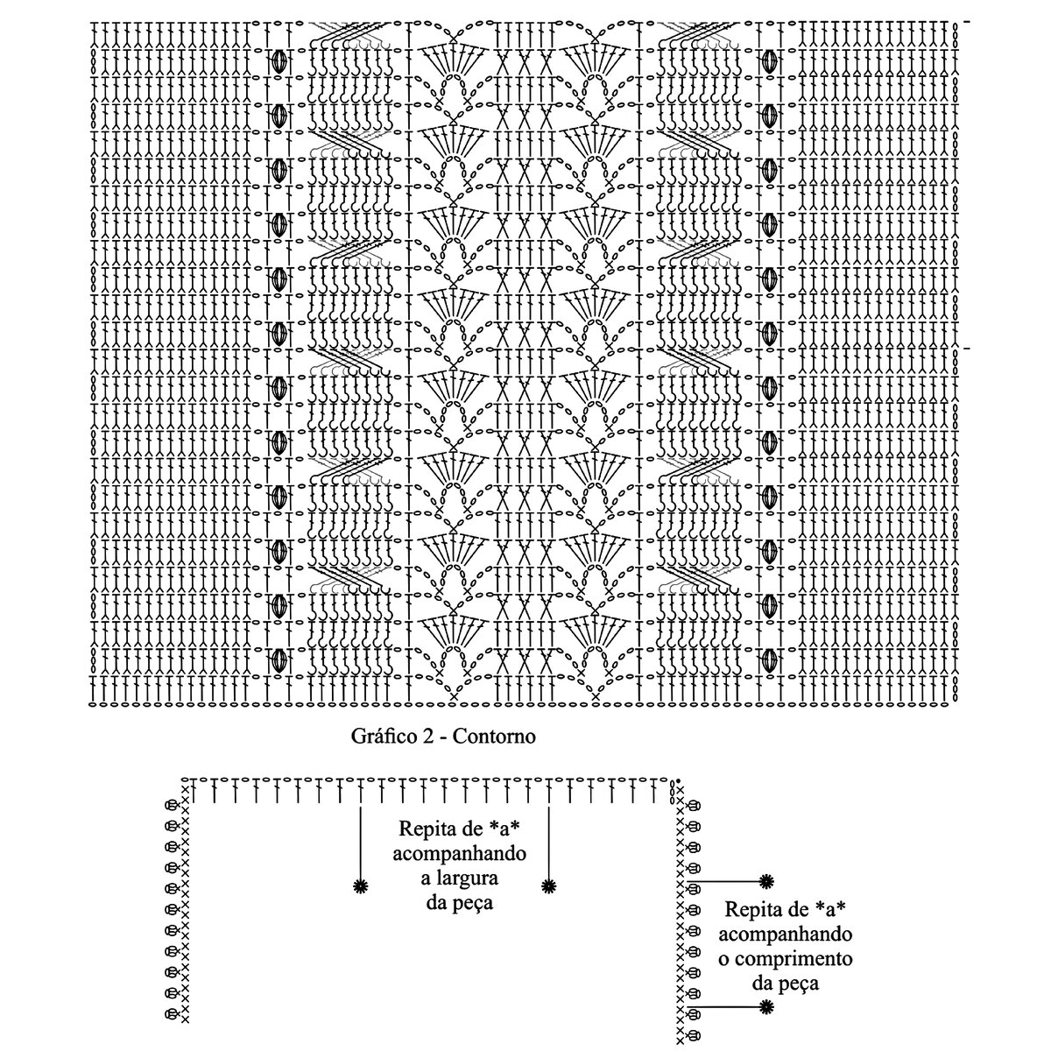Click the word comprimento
pos(796,957)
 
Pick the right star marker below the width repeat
pos(548,886)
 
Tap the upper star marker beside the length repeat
pos(766,880)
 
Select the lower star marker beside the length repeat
pos(766,1008)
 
